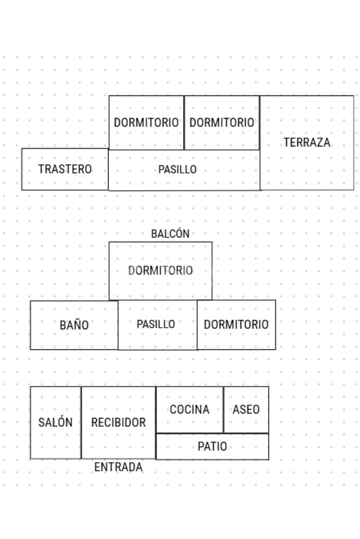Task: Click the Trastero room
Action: [x=65, y=169]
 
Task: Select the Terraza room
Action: [x=307, y=143]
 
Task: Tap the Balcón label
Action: [x=170, y=234]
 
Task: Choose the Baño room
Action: [x=74, y=325]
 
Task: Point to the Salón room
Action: [x=55, y=423]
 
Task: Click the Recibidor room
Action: [x=119, y=423]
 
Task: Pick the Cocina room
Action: [x=190, y=409]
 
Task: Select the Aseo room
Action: [x=246, y=409]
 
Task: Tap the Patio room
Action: [x=212, y=447]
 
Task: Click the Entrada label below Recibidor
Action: [x=118, y=467]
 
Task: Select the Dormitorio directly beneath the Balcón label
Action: [x=161, y=271]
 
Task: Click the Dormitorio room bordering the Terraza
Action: [x=222, y=122]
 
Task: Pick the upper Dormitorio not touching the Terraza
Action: [x=147, y=122]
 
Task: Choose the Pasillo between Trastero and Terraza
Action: [x=178, y=170]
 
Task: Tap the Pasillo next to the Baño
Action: [x=156, y=325]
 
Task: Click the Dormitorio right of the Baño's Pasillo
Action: [x=236, y=325]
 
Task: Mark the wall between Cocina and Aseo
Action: [x=223, y=409]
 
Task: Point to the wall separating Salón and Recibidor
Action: [x=81, y=423]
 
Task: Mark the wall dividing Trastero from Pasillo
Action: [x=109, y=169]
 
